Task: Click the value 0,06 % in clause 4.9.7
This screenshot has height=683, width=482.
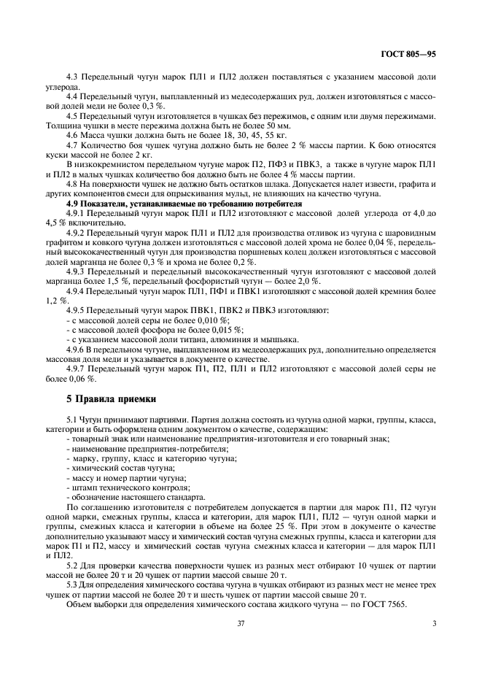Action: [x=82, y=379]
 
